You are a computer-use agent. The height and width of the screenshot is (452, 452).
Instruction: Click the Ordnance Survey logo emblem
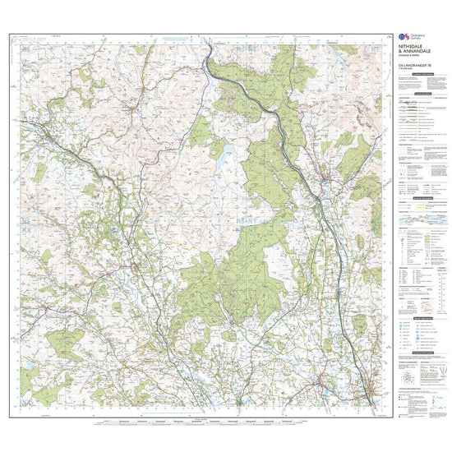tap(401, 38)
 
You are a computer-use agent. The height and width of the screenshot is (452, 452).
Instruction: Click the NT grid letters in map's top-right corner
tap(374, 51)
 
